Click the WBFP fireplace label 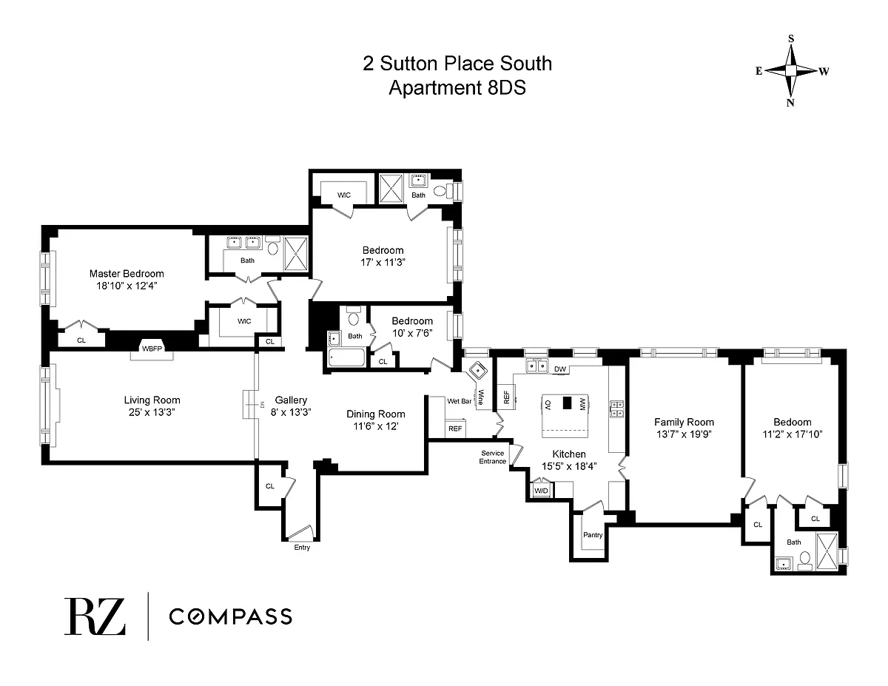(x=152, y=349)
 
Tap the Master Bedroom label (x=127, y=273)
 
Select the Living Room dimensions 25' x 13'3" (x=152, y=412)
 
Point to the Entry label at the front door (x=302, y=548)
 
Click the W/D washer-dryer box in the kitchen (x=541, y=491)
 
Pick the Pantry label (x=593, y=535)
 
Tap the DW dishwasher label (x=560, y=369)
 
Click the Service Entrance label (x=492, y=457)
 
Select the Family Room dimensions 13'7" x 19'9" (x=684, y=434)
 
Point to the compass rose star (x=791, y=71)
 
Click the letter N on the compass (x=790, y=103)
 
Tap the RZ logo (x=95, y=616)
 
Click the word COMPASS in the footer (x=230, y=616)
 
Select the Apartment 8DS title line (x=457, y=87)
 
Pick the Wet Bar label (x=460, y=401)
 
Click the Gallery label (x=291, y=400)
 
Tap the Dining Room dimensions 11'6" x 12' (x=376, y=426)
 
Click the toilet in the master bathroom (x=272, y=246)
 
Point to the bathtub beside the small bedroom (x=346, y=357)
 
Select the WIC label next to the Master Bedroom (x=244, y=321)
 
